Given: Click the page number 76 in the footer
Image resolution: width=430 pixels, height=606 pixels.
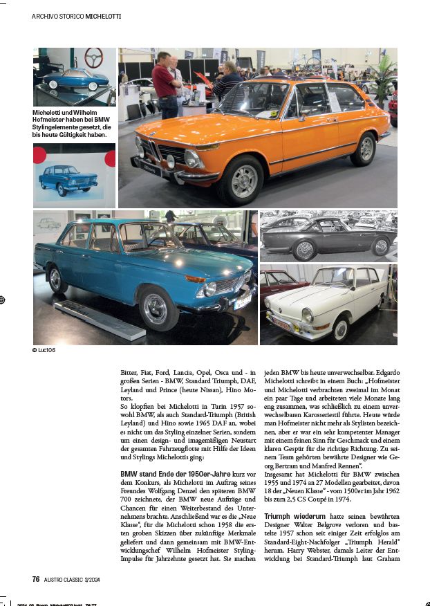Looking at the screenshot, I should (x=36, y=579).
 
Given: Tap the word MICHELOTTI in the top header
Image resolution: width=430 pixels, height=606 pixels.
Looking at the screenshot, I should (x=103, y=15).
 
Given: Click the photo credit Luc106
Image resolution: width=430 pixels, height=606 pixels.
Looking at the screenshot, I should (x=44, y=350).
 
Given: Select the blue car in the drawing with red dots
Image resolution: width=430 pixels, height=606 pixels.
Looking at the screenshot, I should (x=68, y=179).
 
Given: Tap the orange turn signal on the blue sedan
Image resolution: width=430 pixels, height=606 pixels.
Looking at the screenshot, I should (x=196, y=278).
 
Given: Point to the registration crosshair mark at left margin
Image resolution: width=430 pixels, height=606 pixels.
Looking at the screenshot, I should (x=4, y=300).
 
